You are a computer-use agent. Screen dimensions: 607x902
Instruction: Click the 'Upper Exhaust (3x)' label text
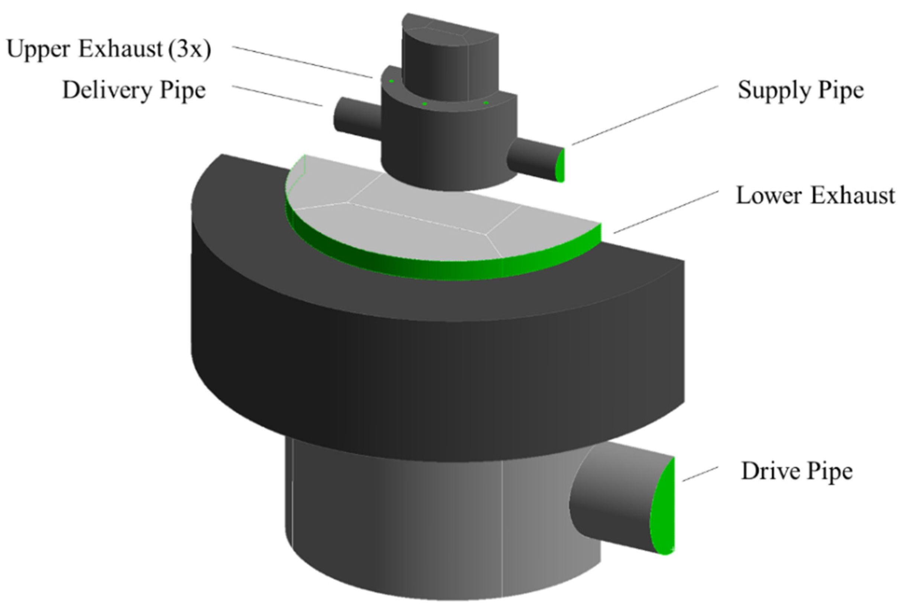(x=109, y=50)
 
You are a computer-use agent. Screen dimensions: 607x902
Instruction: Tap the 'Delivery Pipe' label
(x=134, y=91)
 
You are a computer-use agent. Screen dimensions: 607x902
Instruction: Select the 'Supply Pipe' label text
(x=801, y=91)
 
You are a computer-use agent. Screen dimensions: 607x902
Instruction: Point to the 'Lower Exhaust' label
(x=815, y=195)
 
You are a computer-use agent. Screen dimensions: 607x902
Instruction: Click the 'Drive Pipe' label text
(x=797, y=471)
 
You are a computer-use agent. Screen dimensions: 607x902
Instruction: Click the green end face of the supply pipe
(x=560, y=166)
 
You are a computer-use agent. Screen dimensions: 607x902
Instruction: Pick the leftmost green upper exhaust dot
(x=392, y=81)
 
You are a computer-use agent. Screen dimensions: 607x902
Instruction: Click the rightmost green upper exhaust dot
(x=486, y=103)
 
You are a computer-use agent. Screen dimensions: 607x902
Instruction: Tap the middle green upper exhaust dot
(x=424, y=104)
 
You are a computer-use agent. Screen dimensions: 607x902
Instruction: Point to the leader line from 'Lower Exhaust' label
(x=666, y=212)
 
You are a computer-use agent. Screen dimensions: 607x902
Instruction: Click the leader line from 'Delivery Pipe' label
(x=277, y=95)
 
